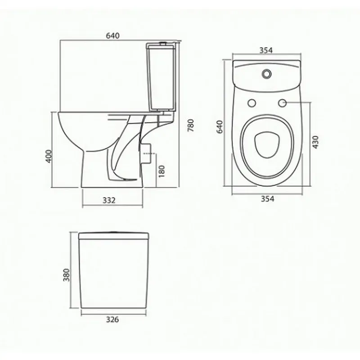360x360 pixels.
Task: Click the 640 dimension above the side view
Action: pyautogui.click(x=113, y=36)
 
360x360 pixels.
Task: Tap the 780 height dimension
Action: pyautogui.click(x=191, y=125)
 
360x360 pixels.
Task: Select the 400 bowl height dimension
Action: pyautogui.click(x=49, y=156)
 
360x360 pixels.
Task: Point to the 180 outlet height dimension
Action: pyautogui.click(x=162, y=171)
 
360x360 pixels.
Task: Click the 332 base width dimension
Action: pyautogui.click(x=109, y=200)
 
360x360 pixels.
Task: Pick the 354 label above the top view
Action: pyautogui.click(x=266, y=50)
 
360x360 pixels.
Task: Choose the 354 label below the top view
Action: pyautogui.click(x=267, y=198)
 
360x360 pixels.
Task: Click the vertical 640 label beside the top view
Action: pyautogui.click(x=220, y=127)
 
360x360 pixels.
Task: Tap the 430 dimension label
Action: pyautogui.click(x=316, y=142)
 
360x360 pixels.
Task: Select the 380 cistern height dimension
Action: pyautogui.click(x=66, y=275)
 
